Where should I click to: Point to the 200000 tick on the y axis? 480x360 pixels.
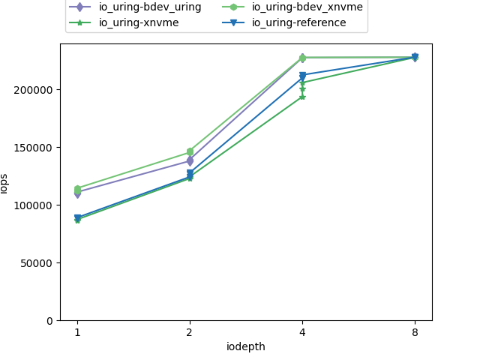35,90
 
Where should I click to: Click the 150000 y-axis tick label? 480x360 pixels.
35,148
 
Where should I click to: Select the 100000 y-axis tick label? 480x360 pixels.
35,205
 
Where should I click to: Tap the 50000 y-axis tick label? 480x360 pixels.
38,263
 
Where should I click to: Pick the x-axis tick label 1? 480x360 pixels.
77,332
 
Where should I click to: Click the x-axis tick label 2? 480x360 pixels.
190,332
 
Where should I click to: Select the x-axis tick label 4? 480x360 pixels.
302,332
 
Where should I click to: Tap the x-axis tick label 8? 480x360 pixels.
415,332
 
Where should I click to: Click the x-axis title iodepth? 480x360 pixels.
246,346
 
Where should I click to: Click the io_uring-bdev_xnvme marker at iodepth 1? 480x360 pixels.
77,189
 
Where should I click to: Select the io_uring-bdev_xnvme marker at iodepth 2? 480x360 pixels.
190,151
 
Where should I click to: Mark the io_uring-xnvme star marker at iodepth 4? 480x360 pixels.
302,97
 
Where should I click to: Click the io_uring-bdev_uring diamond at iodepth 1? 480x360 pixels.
77,193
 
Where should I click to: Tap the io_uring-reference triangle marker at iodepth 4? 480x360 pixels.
302,75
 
